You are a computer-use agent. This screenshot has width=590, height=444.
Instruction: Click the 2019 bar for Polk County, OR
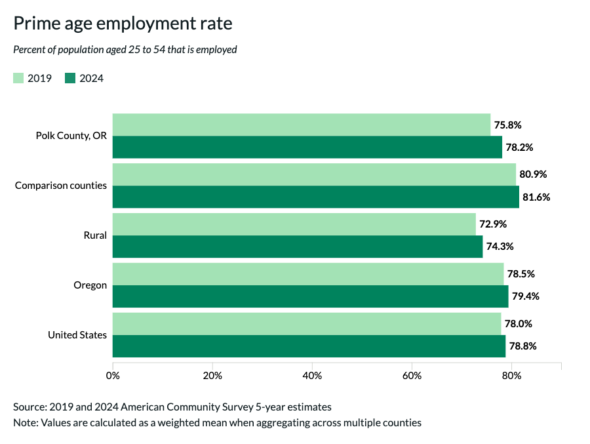[x=302, y=125]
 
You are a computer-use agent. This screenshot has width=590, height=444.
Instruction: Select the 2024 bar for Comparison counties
[x=315, y=197]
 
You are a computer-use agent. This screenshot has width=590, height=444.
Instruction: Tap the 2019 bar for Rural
[x=294, y=224]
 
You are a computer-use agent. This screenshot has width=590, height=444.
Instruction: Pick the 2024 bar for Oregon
[x=310, y=296]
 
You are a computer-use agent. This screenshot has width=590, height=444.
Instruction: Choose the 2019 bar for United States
[x=307, y=324]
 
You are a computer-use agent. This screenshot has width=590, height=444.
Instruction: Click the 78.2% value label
[x=519, y=148]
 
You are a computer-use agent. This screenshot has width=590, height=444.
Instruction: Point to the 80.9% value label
[x=533, y=174]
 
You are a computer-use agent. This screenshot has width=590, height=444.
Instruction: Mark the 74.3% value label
[x=500, y=247]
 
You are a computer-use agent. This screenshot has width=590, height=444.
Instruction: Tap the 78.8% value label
[x=522, y=346]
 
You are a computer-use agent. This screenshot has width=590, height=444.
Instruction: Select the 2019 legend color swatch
[x=18, y=79]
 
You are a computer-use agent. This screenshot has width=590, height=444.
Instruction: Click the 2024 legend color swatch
[x=70, y=79]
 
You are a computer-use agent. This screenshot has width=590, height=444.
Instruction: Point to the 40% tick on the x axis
[x=312, y=365]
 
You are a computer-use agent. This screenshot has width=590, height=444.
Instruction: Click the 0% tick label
[x=113, y=376]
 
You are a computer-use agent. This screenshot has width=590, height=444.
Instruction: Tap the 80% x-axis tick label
[x=511, y=376]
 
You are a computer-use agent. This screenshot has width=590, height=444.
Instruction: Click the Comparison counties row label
[x=61, y=186]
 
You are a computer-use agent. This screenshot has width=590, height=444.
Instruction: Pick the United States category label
[x=77, y=335]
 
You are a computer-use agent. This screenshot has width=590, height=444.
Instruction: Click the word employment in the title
[x=140, y=24]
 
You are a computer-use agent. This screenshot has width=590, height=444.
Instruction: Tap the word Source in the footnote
[x=29, y=407]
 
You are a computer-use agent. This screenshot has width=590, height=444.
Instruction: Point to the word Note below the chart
[x=24, y=422]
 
